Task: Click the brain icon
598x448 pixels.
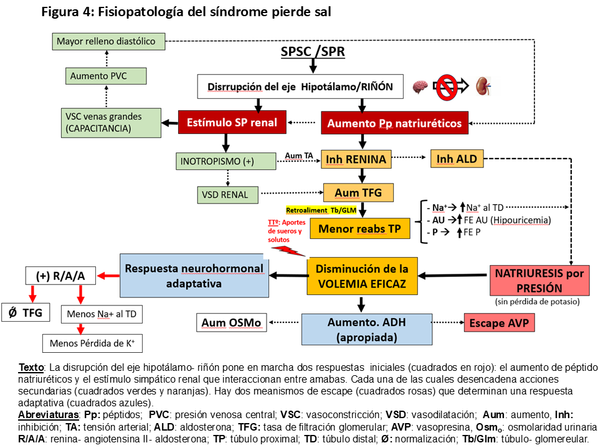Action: [x=420, y=86]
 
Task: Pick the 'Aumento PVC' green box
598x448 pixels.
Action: [x=106, y=76]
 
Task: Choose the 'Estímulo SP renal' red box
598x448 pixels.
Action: [x=232, y=123]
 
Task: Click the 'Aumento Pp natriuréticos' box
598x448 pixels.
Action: [x=395, y=123]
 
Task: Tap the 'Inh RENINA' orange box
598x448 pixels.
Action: [x=356, y=159]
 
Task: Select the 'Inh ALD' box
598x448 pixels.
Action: [x=457, y=159]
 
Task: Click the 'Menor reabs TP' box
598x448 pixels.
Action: [x=360, y=228]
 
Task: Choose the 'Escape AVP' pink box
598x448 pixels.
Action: [x=500, y=323]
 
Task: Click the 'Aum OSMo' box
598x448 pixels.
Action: [x=231, y=323]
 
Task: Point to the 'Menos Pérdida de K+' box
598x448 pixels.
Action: [x=92, y=342]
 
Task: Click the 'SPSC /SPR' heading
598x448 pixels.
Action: [x=313, y=51]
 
